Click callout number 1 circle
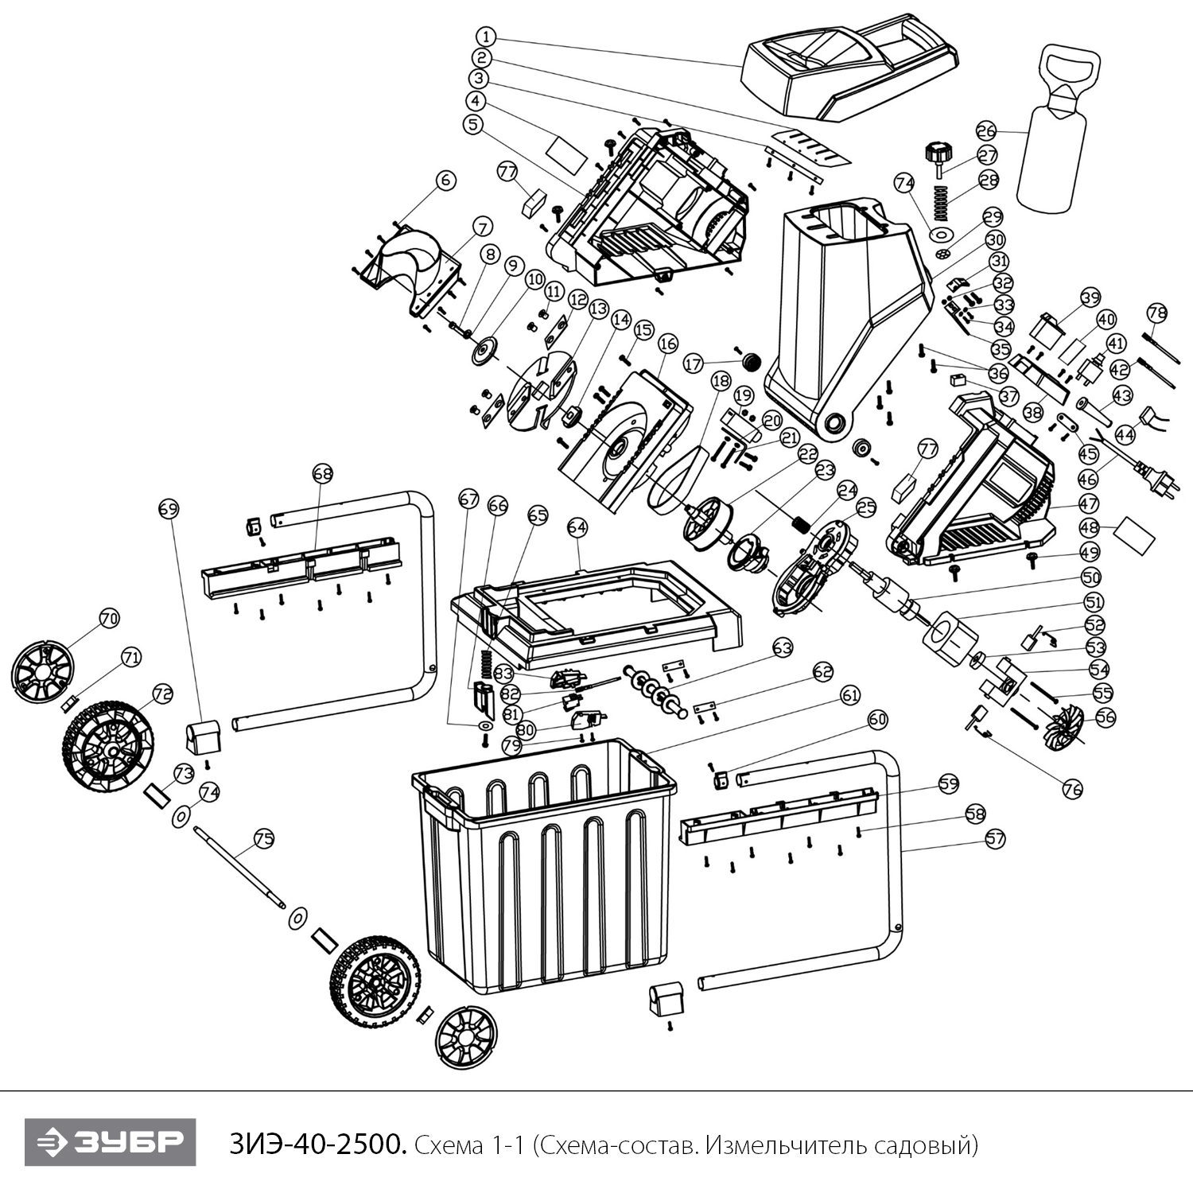click(487, 37)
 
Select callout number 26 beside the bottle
click(985, 130)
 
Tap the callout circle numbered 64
click(577, 527)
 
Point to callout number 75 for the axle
click(263, 837)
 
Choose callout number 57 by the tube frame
click(995, 838)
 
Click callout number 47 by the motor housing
click(1088, 504)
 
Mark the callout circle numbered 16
click(667, 344)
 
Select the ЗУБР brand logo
click(110, 1143)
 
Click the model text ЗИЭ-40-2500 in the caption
click(319, 1144)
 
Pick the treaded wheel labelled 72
click(107, 745)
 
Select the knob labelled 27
click(938, 153)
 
